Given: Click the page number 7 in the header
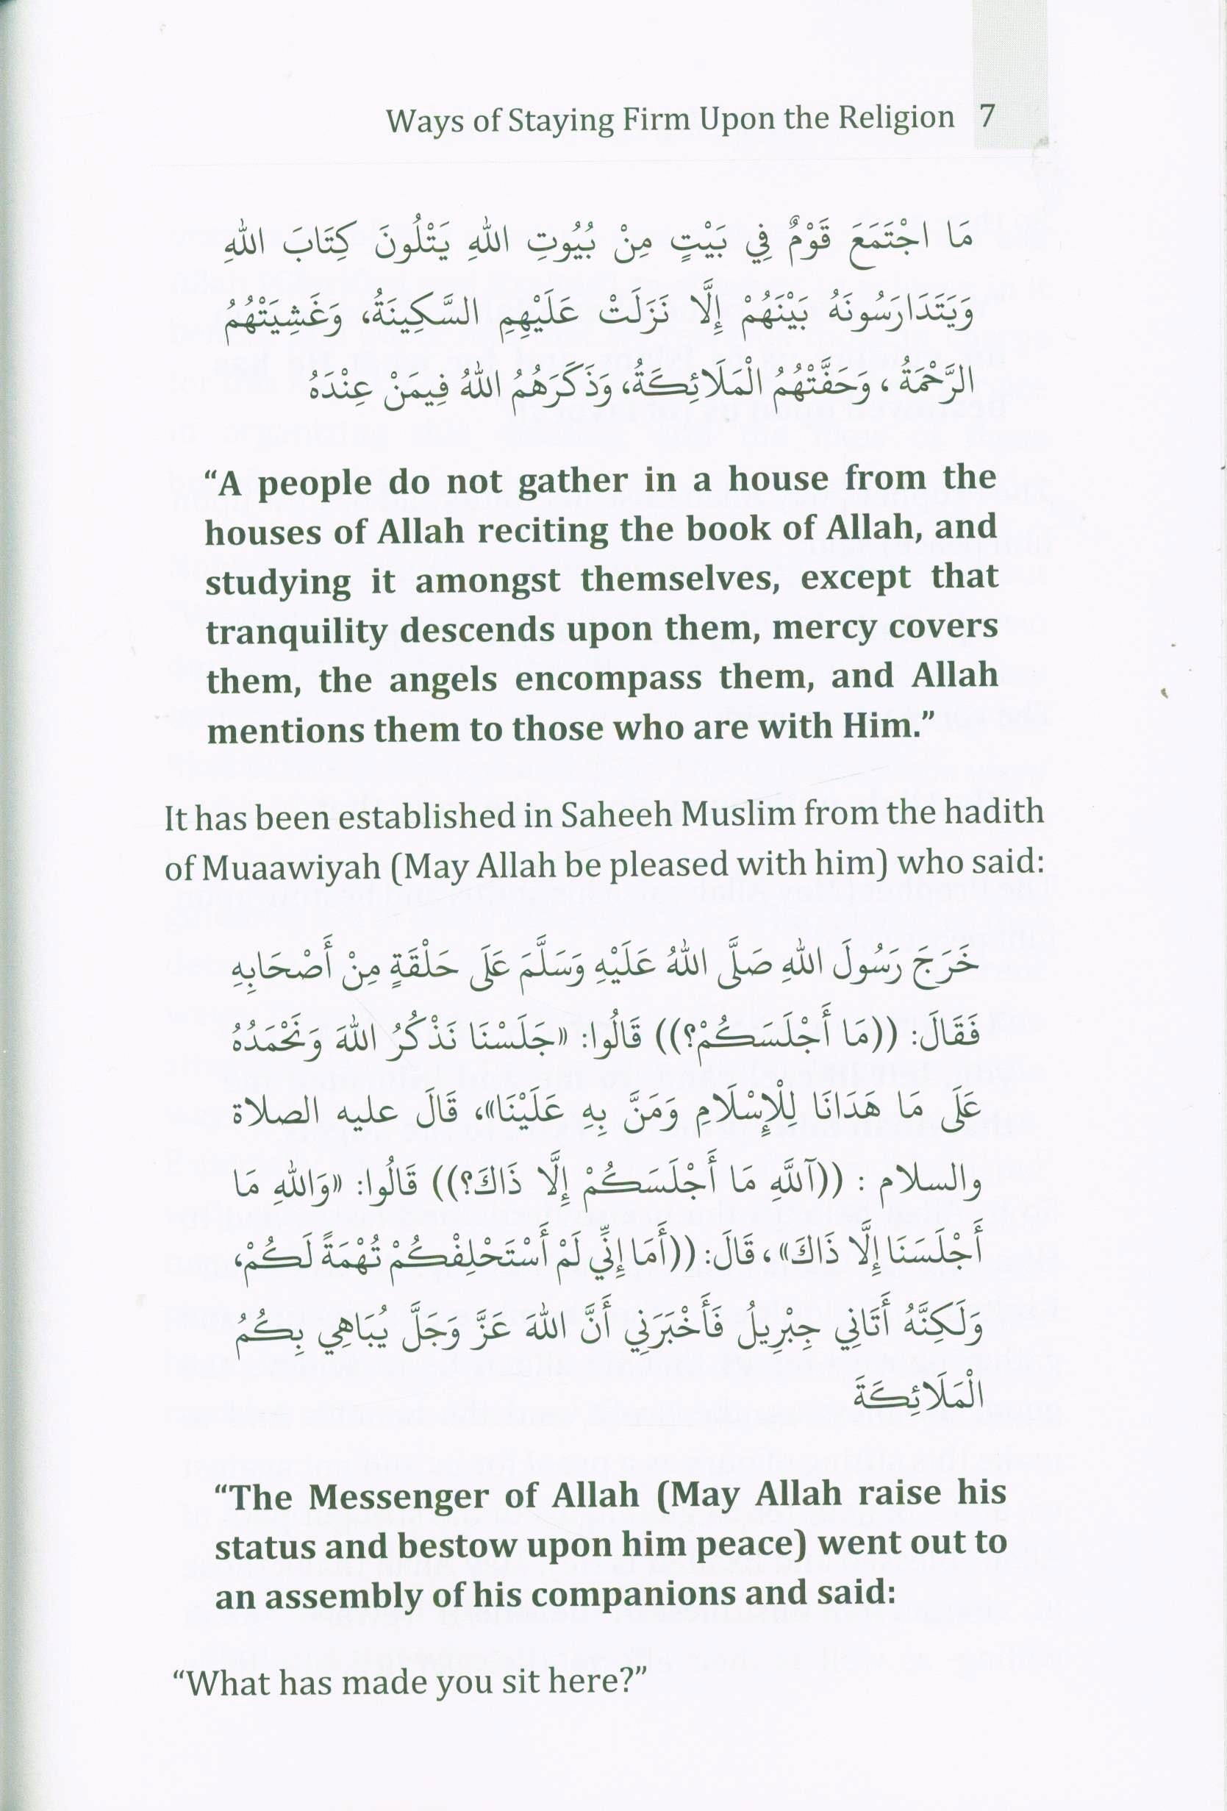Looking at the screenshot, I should click(987, 117).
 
